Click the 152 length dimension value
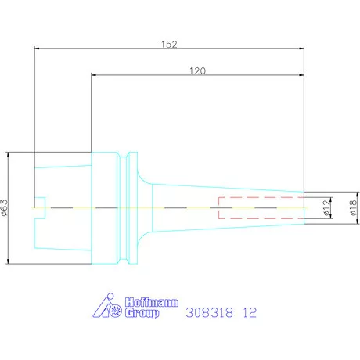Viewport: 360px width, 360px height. (169, 44)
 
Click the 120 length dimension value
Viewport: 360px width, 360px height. (197, 70)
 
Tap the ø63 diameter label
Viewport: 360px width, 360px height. (4, 208)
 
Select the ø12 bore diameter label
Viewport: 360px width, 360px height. (326, 208)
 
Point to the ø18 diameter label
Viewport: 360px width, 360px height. (353, 208)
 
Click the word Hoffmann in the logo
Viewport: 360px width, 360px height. (152, 302)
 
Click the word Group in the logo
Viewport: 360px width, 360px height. (142, 313)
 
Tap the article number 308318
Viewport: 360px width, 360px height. (210, 312)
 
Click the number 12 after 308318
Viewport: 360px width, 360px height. (250, 312)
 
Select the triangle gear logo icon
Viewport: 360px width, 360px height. (107, 305)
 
